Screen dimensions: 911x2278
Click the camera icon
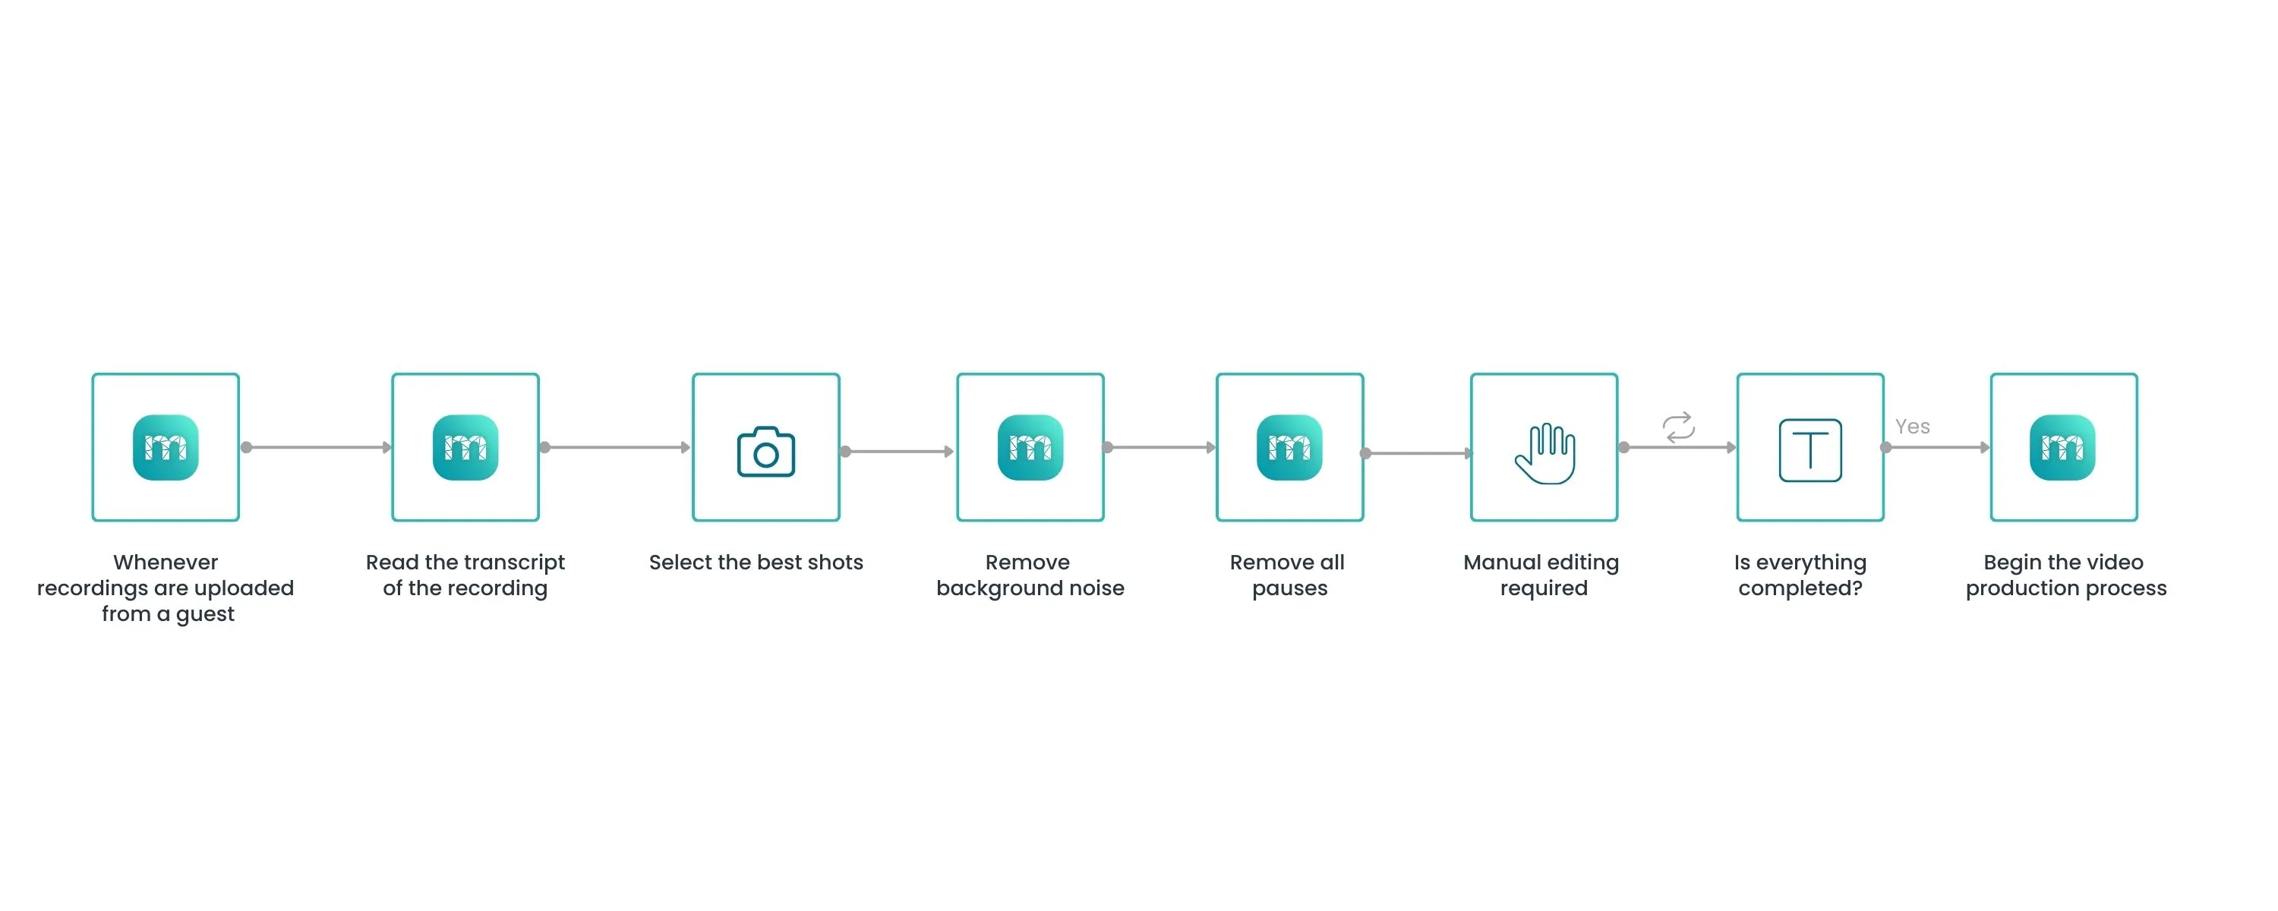click(x=766, y=452)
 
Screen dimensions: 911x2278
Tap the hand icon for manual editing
click(x=1545, y=453)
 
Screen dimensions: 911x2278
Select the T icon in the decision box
click(x=1809, y=450)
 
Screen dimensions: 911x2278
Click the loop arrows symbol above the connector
click(x=1678, y=427)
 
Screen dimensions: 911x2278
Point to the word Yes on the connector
click(x=1912, y=427)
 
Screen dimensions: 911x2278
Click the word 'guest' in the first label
click(x=205, y=614)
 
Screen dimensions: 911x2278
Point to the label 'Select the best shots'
click(x=756, y=563)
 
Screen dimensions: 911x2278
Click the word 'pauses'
click(x=1289, y=588)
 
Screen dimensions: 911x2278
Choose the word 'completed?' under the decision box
click(x=1800, y=588)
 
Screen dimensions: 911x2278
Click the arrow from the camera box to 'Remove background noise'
click(x=898, y=451)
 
